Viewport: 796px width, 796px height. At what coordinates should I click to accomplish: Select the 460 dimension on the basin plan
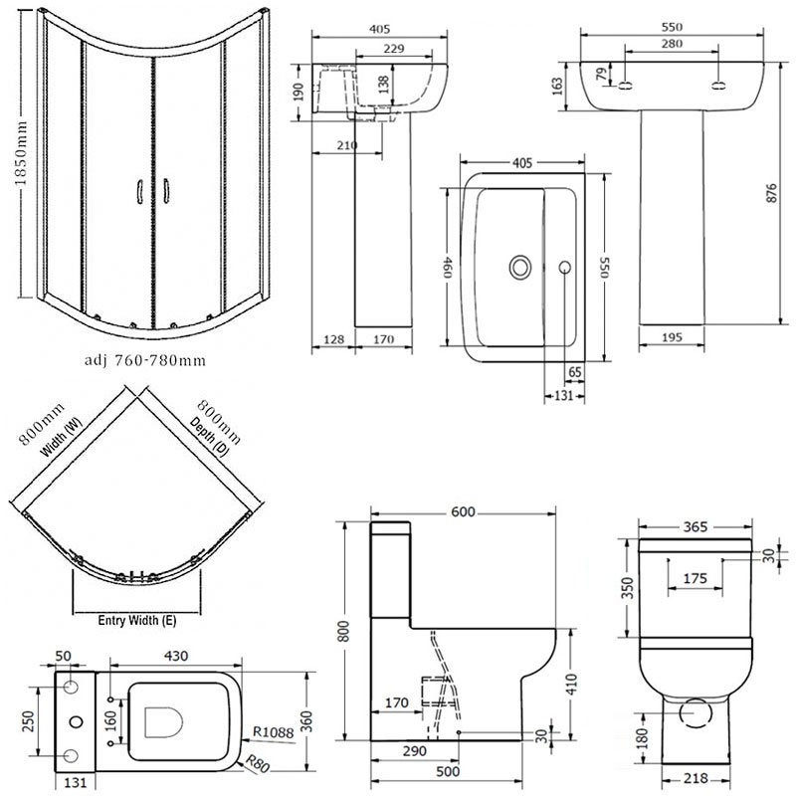450,266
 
